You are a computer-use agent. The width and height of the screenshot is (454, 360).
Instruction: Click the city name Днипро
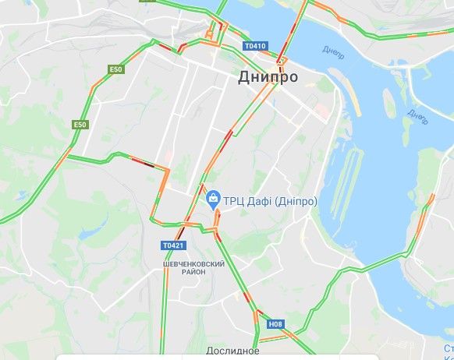267,77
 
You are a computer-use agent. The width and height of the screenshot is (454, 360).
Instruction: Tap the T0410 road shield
255,46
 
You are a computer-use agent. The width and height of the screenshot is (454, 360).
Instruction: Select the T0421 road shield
174,245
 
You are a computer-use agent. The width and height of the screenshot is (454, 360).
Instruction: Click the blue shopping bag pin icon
212,200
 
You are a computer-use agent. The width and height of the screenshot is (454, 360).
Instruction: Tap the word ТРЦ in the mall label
236,201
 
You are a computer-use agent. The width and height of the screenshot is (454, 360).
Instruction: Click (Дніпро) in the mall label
299,201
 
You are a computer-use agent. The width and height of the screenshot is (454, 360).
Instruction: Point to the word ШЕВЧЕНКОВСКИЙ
194,264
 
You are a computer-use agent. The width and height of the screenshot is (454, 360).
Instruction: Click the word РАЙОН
194,272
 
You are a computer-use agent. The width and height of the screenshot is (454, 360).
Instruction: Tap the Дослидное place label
233,351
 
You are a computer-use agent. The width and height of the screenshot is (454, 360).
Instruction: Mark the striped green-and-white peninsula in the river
347,187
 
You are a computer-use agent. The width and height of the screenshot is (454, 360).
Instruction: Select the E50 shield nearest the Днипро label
116,70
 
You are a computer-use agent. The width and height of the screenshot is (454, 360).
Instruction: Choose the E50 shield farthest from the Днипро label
80,125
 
